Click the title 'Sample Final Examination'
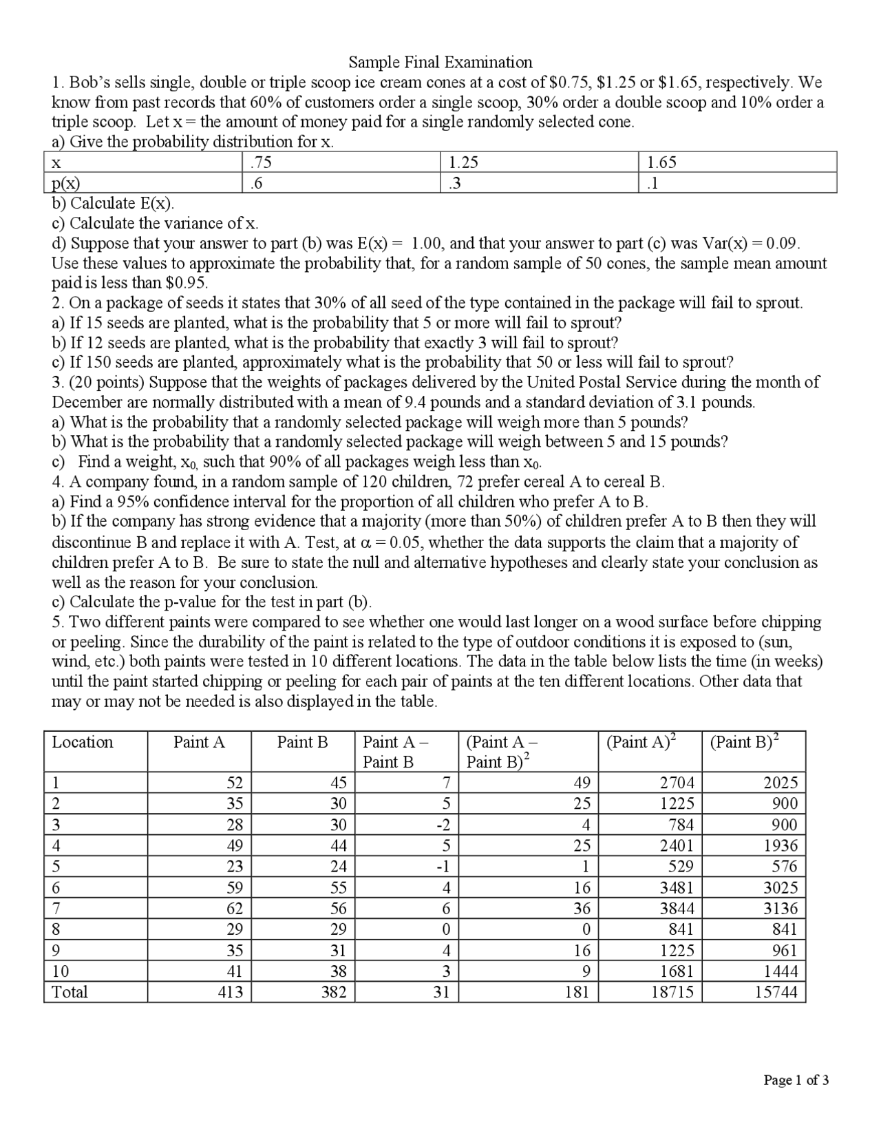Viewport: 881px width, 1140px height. pos(440,63)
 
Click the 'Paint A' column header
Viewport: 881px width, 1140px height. pos(199,742)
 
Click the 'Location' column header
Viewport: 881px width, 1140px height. pos(83,742)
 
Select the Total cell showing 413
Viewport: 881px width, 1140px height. pos(230,992)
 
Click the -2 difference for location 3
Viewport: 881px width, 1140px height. pos(443,825)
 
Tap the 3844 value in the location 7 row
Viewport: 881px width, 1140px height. pos(677,908)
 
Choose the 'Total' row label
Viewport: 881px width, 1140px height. pos(70,992)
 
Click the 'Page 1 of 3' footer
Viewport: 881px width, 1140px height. pos(796,1080)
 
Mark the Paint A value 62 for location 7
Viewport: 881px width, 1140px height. pos(235,908)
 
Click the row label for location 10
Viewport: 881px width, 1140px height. pos(61,971)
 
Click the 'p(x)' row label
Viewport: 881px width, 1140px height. pos(66,183)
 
